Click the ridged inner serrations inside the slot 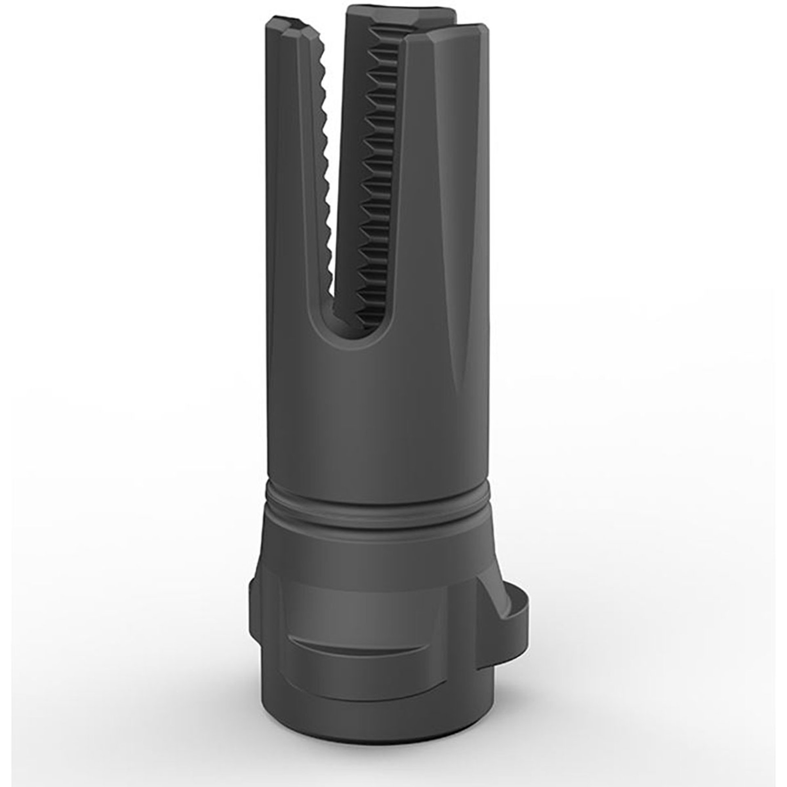[x=379, y=184]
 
